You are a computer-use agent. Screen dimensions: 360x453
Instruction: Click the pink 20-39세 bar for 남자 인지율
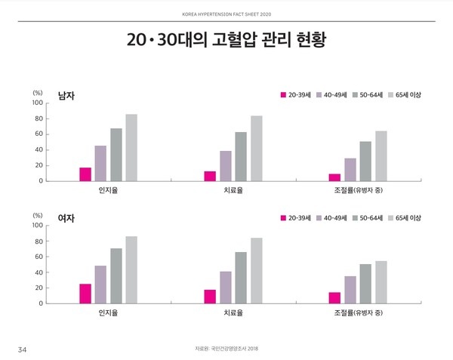[x=85, y=174]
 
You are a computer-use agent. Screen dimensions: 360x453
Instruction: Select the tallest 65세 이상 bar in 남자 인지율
[x=131, y=148]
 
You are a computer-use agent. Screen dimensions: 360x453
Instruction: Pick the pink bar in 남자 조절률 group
[x=334, y=177]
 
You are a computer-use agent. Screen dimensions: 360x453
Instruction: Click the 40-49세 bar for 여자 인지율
[x=100, y=285]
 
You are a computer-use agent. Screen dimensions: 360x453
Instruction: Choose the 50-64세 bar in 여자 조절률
[x=365, y=284]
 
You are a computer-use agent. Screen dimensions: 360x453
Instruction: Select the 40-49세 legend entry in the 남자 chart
[x=331, y=95]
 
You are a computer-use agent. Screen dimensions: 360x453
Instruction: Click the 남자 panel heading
[x=67, y=96]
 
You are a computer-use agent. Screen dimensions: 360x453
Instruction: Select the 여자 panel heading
[x=67, y=218]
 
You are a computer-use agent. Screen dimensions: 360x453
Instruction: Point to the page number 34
[x=23, y=349]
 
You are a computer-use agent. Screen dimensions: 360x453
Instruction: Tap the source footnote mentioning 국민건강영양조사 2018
[x=226, y=349]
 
